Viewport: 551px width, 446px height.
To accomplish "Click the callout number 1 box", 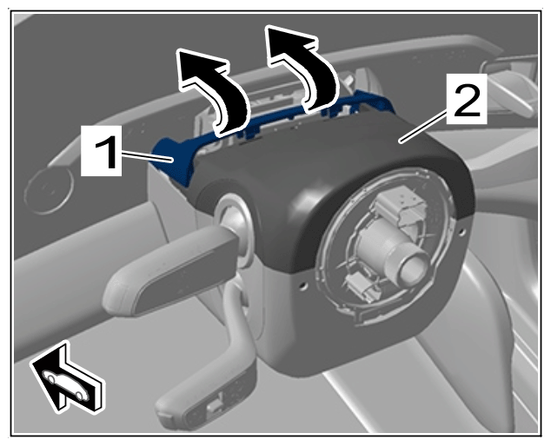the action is coord(102,150).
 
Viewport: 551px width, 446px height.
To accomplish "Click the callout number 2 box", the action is coord(467,99).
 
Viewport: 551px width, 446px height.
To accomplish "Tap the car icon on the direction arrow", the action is coord(67,385).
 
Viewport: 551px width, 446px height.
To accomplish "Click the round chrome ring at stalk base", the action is coord(234,225).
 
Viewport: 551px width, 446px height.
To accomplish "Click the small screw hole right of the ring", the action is coord(461,232).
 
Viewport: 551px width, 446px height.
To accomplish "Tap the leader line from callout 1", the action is coord(148,156).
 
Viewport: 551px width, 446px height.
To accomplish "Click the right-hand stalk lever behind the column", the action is coord(506,84).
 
